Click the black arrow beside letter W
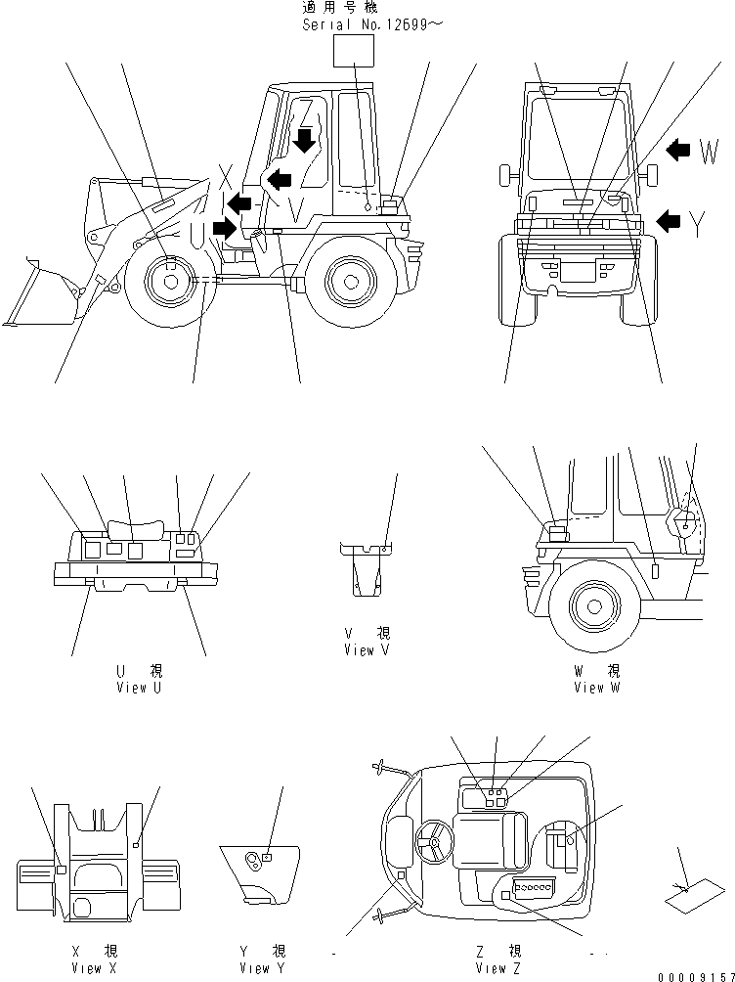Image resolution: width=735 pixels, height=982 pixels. [677, 150]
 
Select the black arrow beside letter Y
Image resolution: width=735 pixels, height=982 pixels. [669, 221]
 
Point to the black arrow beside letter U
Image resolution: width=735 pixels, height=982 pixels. [224, 229]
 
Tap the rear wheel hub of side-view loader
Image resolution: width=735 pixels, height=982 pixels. [349, 281]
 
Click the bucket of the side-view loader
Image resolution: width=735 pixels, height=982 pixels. [44, 293]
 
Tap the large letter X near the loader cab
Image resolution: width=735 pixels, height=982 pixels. [226, 177]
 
